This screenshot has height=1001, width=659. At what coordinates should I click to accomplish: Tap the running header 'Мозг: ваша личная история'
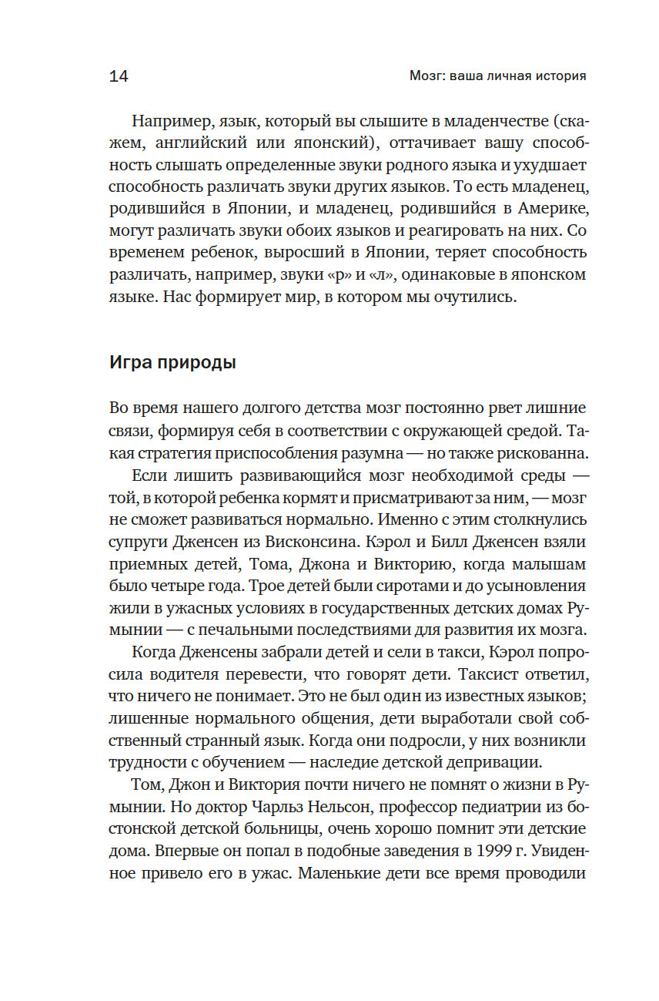click(497, 76)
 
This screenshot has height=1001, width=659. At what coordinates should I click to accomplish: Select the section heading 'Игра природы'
click(172, 363)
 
